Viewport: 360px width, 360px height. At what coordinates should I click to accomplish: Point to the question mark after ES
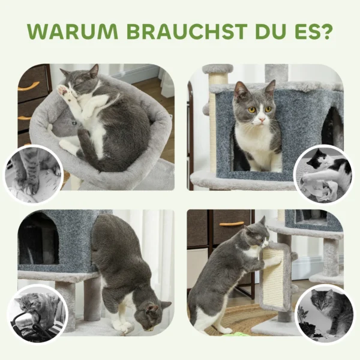tap(325, 31)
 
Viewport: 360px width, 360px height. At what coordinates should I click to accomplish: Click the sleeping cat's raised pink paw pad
tap(63, 90)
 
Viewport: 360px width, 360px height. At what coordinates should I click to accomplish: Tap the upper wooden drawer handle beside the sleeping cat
tap(28, 86)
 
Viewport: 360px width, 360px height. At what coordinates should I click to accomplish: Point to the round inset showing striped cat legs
tap(33, 173)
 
